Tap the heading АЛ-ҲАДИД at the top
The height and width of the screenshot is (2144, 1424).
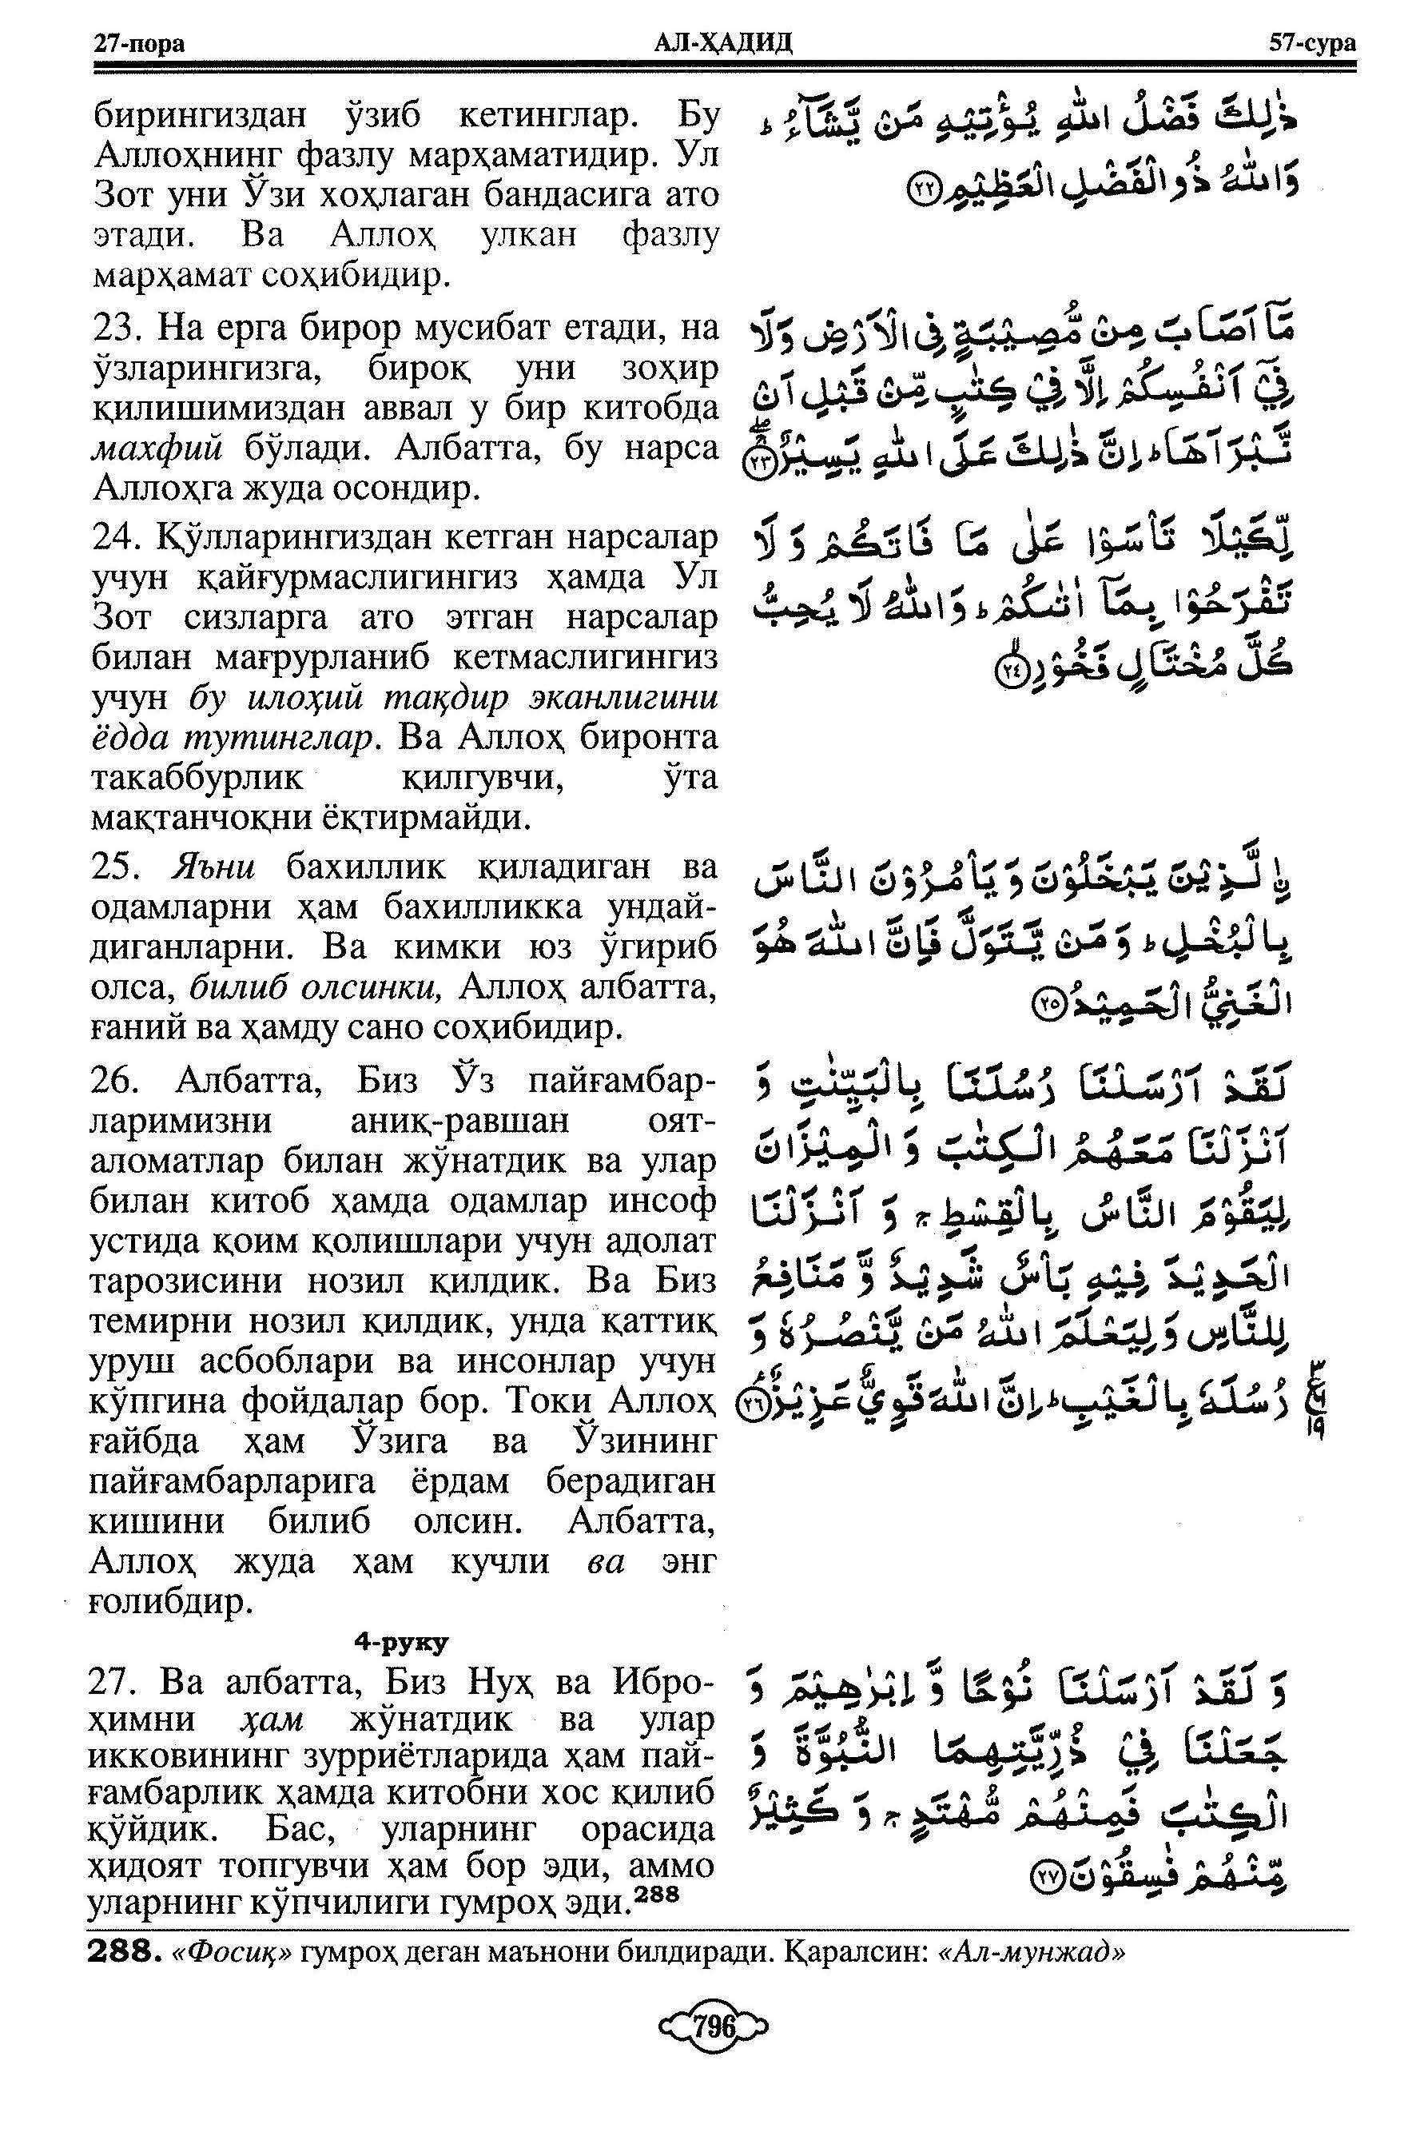[x=723, y=42]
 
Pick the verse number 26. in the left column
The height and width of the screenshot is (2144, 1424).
[x=121, y=1080]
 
